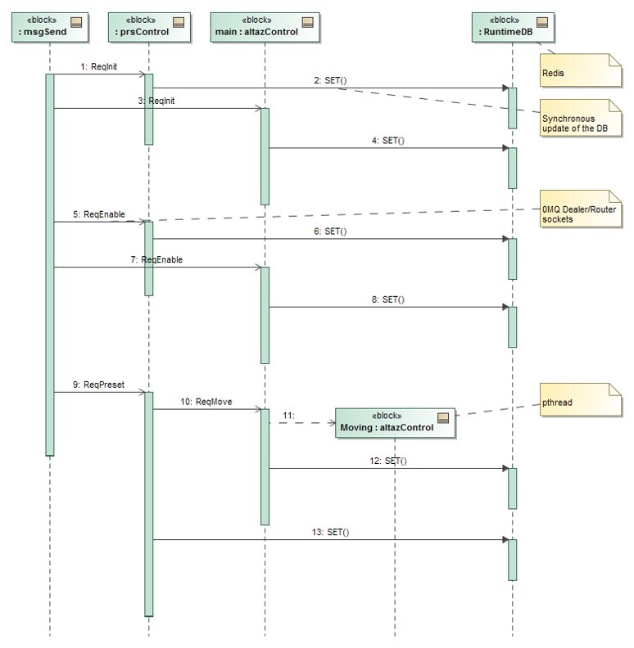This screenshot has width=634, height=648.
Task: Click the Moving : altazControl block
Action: click(x=394, y=422)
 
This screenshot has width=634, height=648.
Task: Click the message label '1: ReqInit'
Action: click(x=99, y=67)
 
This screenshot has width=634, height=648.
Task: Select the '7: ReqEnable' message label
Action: click(x=161, y=259)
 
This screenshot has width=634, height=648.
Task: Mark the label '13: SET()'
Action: click(x=333, y=532)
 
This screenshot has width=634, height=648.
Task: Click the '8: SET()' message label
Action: click(x=388, y=299)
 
